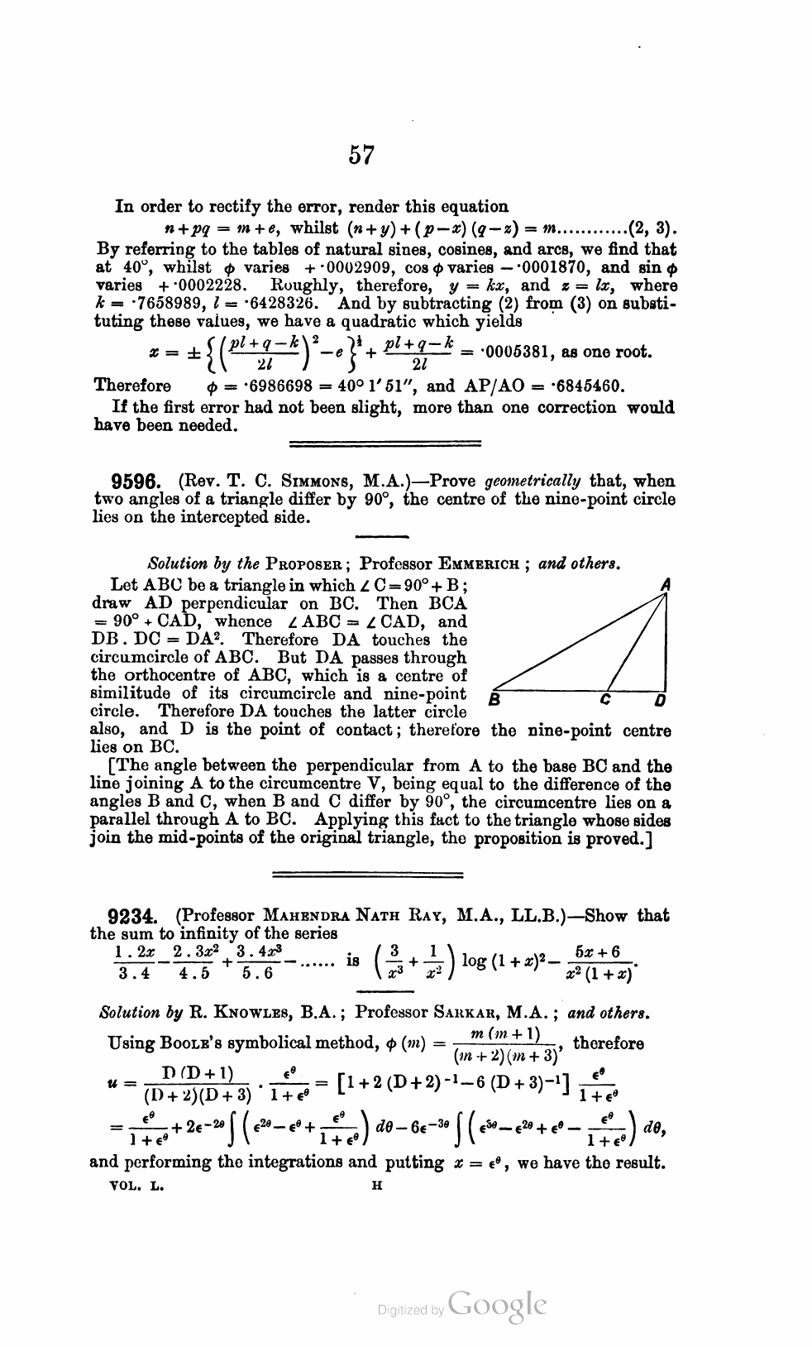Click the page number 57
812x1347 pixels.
pyautogui.click(x=362, y=155)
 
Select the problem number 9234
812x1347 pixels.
pyautogui.click(x=133, y=916)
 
